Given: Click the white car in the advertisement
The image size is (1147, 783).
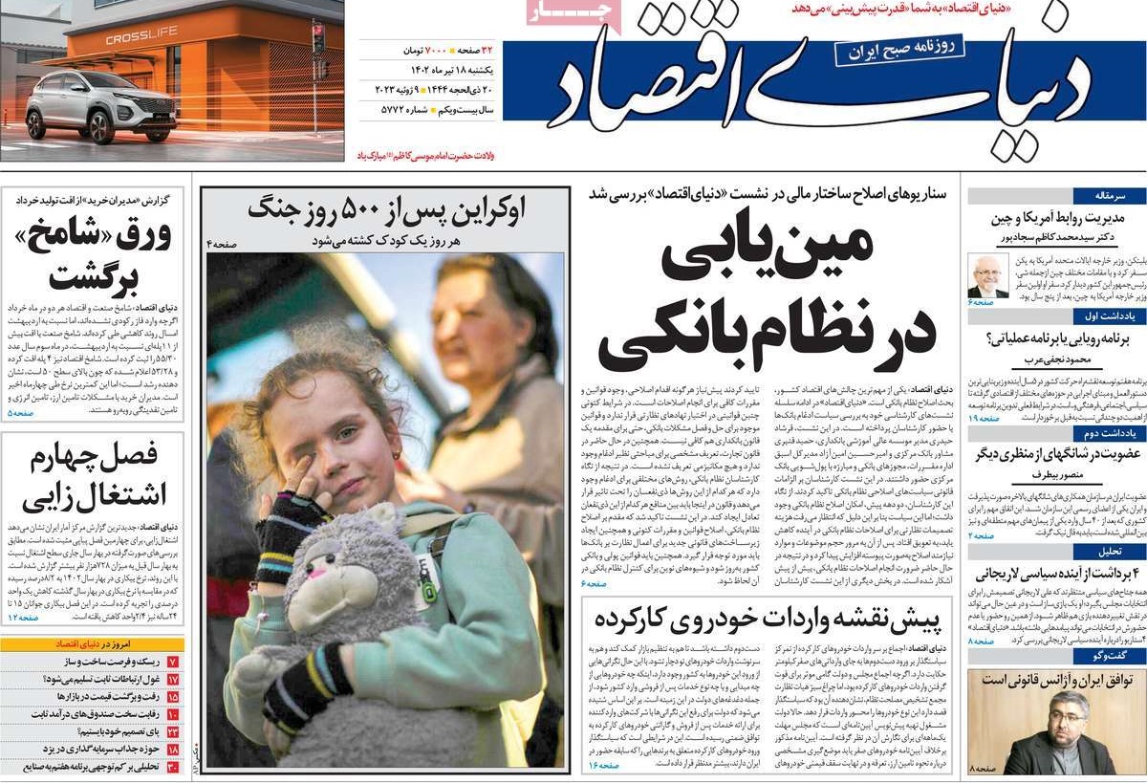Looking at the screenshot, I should [101, 105].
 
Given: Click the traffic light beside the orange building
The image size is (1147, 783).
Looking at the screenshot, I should [317, 38].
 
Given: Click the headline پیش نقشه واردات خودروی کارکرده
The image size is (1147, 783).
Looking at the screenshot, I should [768, 619].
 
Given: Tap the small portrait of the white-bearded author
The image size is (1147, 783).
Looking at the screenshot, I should [987, 276].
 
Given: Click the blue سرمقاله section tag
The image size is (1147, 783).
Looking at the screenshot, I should [1108, 195].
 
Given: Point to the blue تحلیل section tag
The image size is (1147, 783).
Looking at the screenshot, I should [1108, 552].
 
